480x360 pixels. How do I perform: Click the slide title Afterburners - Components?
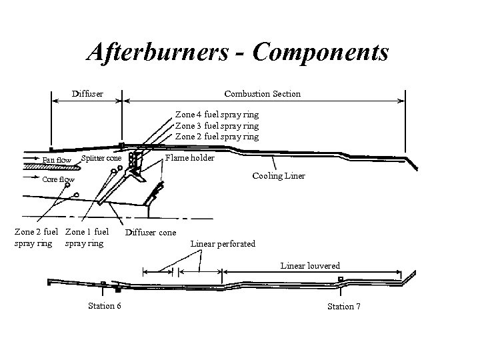tap(238, 51)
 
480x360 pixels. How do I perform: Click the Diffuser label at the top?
tap(87, 93)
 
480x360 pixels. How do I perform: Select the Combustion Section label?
tap(263, 93)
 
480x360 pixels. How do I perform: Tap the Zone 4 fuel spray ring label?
tap(217, 115)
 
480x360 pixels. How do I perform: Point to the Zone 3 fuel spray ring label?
tap(217, 125)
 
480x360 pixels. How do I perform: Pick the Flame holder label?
tap(190, 158)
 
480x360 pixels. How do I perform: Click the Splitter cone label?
tap(101, 158)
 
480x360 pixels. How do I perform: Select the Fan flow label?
tap(56, 160)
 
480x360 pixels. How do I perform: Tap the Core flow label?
tap(59, 179)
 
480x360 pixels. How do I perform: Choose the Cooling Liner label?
tap(279, 176)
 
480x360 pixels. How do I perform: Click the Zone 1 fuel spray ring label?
tap(86, 237)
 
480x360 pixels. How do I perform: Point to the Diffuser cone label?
tap(151, 233)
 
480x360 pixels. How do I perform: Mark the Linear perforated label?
tap(223, 243)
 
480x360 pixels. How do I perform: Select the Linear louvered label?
tap(310, 265)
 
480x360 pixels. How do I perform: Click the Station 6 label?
tap(104, 306)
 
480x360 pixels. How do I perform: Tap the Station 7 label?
tap(343, 306)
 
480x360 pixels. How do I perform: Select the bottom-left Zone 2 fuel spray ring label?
tap(37, 237)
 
